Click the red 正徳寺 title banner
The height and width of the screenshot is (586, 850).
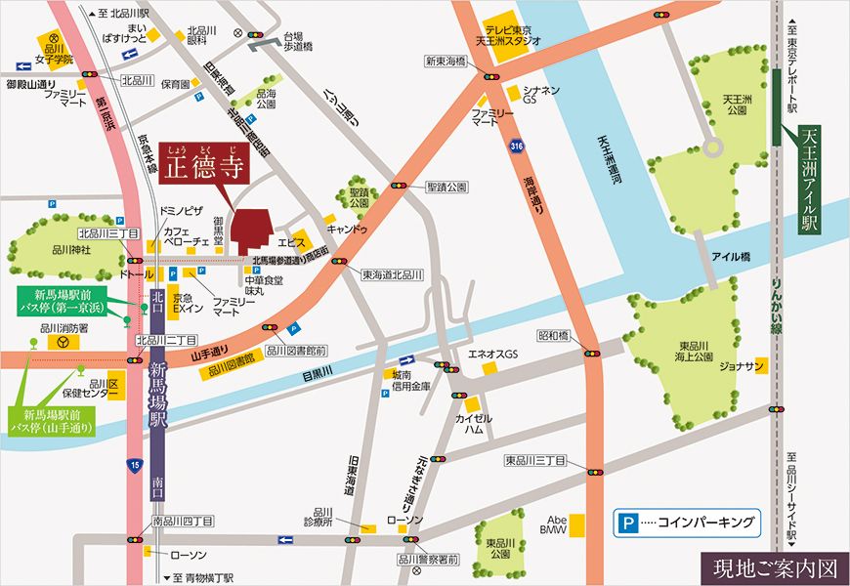[203, 163]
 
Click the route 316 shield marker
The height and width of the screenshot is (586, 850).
[515, 146]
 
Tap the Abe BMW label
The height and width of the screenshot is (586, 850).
[554, 523]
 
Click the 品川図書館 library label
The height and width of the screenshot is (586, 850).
[232, 358]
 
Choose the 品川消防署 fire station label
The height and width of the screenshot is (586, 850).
[64, 329]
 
